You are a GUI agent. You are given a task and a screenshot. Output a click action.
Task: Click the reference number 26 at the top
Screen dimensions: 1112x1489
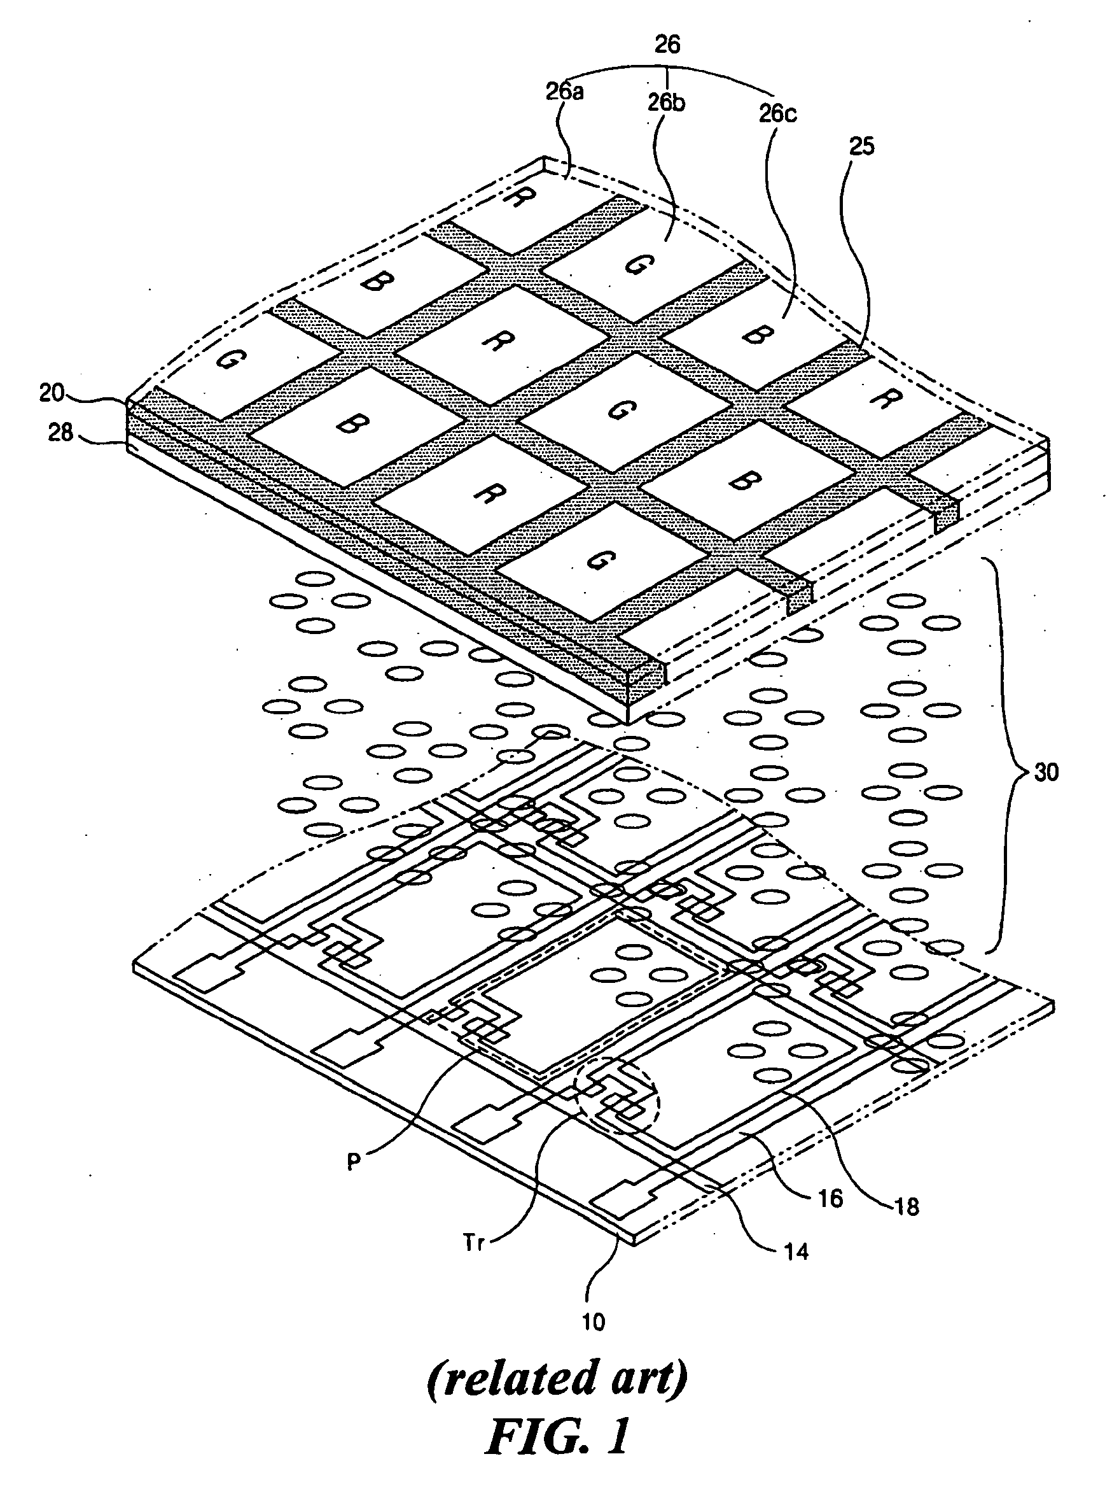(x=667, y=45)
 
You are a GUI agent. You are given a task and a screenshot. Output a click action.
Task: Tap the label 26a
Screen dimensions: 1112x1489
(x=564, y=91)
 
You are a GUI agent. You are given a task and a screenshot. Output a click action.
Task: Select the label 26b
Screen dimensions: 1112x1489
(x=667, y=102)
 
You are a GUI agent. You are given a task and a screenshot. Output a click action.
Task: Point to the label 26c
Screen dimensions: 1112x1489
(x=777, y=113)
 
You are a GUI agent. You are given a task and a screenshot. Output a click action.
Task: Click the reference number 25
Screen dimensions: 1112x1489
(x=862, y=146)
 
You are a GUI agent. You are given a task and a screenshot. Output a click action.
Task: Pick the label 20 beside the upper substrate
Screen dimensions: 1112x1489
(x=52, y=392)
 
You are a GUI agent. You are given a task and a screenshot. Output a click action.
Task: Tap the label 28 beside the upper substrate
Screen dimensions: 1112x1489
(x=60, y=432)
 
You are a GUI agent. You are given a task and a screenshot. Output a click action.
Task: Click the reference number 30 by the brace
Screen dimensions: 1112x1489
(x=1046, y=772)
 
